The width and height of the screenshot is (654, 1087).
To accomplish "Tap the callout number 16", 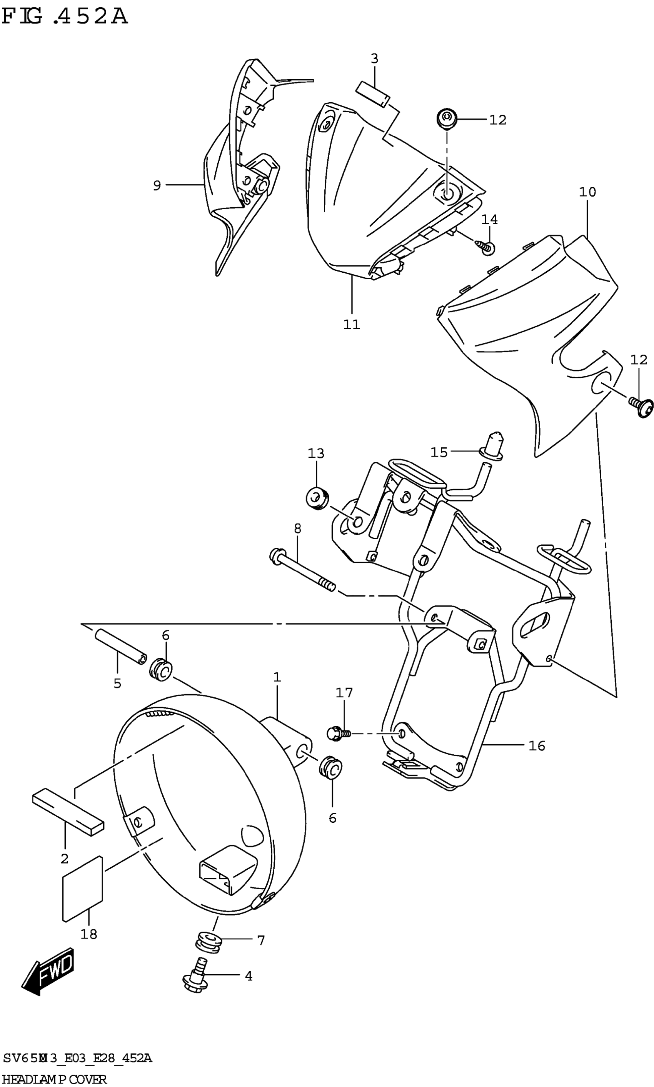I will click(537, 746).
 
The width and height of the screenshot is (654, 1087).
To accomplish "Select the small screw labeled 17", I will click(338, 733).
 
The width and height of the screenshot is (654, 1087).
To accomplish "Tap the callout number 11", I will click(352, 324).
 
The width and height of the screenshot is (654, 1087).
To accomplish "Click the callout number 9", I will click(157, 185).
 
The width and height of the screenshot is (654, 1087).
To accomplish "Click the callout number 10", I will click(587, 192).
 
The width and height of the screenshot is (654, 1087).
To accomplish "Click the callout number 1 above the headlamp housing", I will click(277, 677).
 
